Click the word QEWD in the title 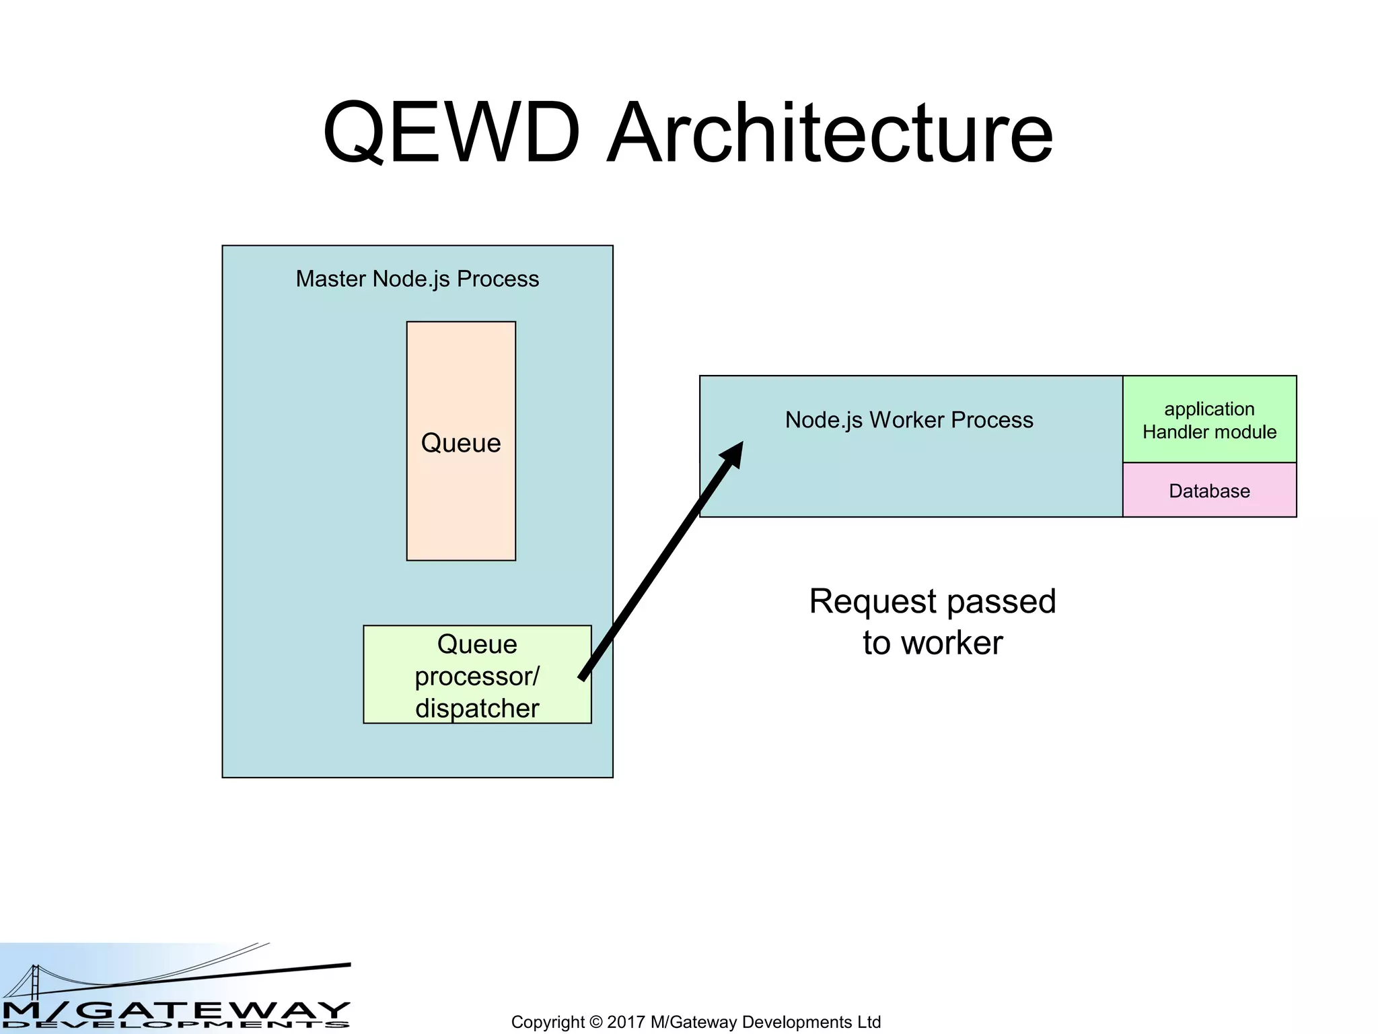pos(451,133)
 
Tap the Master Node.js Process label pos(417,279)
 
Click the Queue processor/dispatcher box pos(477,675)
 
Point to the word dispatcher pos(477,708)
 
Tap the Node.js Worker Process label pos(908,420)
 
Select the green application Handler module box pos(1209,419)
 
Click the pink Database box pos(1209,491)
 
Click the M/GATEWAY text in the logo pos(175,1010)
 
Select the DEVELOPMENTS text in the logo pos(175,1025)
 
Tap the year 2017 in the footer pos(626,1022)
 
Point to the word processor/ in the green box pos(477,677)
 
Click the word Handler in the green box pos(1171,432)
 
